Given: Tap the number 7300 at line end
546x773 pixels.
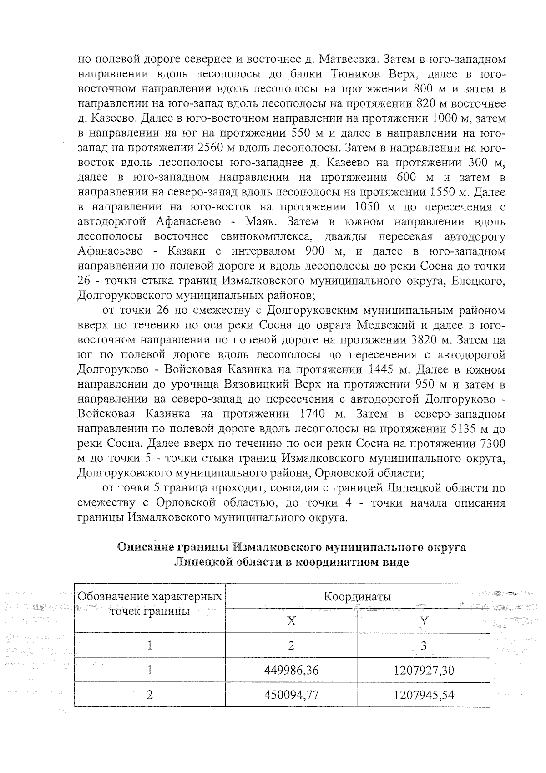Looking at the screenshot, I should coord(492,443).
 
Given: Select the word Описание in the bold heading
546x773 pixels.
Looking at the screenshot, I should coord(145,547).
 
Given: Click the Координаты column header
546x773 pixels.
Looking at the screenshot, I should coord(357,596).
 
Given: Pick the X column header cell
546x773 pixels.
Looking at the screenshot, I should coord(291,620).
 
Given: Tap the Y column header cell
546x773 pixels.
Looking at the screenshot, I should coord(424,620).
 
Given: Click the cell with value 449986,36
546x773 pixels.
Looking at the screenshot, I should coord(291,670).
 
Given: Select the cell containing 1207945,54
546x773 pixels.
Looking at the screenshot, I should coord(424,695).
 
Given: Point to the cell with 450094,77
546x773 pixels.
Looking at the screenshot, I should coord(291,695).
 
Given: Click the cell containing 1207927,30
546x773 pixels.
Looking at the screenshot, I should coord(424,670).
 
